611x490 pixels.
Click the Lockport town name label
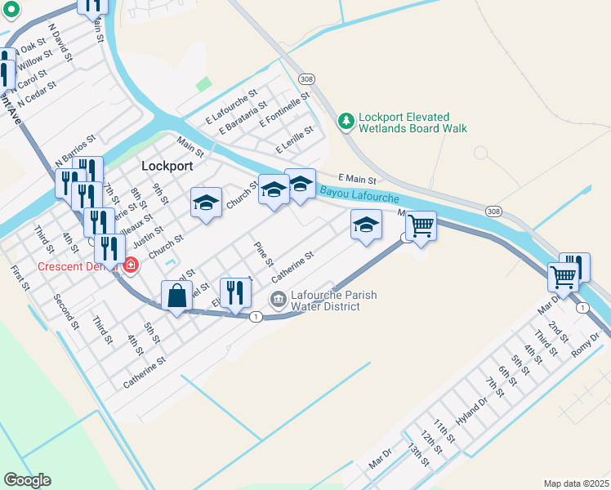[167, 165]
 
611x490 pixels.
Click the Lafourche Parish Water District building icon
[279, 301]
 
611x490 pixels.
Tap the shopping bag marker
[176, 296]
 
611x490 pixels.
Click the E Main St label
[357, 179]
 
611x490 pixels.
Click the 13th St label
[419, 457]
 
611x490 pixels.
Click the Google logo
[27, 480]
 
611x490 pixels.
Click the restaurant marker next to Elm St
[235, 293]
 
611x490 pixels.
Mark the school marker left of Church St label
[206, 203]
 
